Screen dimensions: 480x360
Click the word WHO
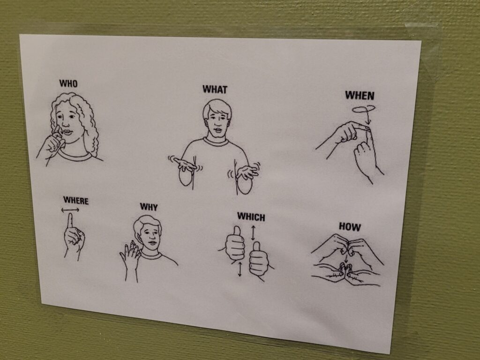pos(68,83)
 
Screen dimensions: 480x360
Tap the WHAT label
pos(215,90)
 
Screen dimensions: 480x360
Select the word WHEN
pos(360,96)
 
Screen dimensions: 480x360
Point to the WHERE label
pos(76,201)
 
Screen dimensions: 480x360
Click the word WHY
pos(149,207)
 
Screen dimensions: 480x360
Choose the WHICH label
pos(251,217)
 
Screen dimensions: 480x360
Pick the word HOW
pos(350,226)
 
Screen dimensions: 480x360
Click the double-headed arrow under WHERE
pos(70,210)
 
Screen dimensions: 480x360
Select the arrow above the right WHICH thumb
pos(253,233)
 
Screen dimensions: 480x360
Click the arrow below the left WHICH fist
pos(240,269)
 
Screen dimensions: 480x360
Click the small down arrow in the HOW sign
pos(346,258)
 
